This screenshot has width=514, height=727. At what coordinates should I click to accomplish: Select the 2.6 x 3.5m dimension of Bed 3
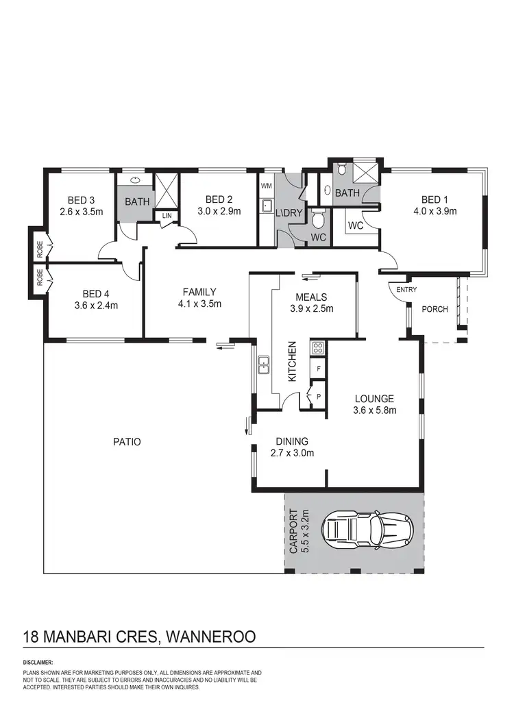tap(81, 212)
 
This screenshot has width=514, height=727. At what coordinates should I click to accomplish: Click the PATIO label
tap(127, 442)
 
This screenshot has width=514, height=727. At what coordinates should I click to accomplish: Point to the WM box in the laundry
tap(267, 186)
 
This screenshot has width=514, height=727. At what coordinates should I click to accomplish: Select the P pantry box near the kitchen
tap(319, 396)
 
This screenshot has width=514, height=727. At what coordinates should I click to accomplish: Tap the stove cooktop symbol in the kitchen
tap(318, 347)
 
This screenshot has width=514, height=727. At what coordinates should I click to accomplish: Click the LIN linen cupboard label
tap(167, 216)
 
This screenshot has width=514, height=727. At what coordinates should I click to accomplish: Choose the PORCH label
tap(435, 309)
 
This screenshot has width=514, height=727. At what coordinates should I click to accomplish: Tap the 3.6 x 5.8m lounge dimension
tap(374, 410)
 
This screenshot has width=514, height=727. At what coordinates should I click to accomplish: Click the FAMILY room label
tap(200, 291)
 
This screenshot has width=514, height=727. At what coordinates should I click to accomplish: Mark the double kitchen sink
tap(262, 367)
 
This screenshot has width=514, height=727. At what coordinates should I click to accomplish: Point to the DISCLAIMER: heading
tap(38, 663)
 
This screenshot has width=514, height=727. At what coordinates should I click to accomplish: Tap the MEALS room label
tap(313, 297)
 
